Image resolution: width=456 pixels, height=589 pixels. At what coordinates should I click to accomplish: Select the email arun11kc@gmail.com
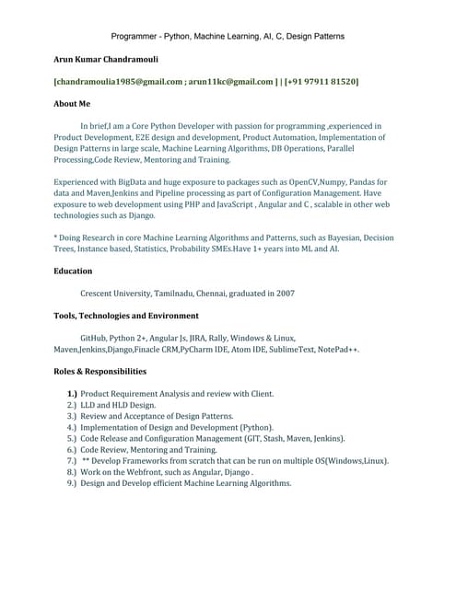click(230, 82)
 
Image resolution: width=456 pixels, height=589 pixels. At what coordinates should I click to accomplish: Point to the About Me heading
click(72, 105)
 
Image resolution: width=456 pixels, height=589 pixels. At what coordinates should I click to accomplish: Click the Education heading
click(73, 271)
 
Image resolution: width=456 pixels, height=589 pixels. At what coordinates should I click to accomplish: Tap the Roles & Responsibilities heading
click(99, 371)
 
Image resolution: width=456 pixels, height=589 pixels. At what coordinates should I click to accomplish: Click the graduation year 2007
click(285, 294)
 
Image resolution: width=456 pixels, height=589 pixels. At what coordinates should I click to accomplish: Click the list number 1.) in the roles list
click(72, 394)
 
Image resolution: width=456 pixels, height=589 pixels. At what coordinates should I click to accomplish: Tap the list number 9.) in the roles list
click(71, 483)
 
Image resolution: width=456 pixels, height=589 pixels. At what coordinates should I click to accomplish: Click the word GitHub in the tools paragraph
click(96, 339)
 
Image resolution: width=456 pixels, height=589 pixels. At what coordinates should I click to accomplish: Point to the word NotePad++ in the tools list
click(336, 350)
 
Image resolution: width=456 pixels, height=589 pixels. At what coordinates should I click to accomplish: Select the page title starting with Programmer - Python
click(228, 36)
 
